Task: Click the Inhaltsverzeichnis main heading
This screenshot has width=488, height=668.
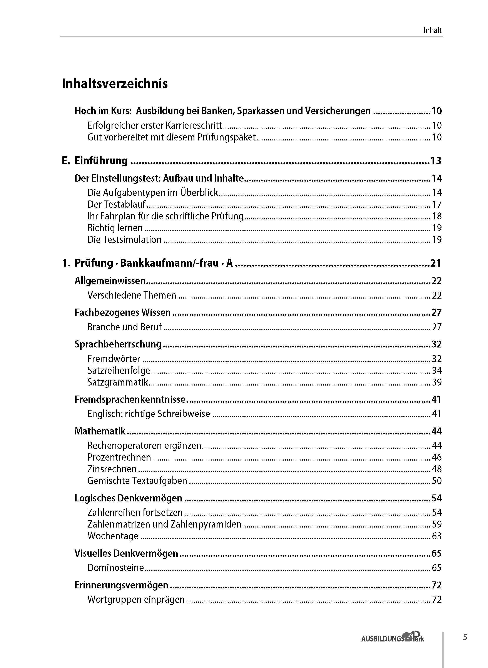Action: coord(115,83)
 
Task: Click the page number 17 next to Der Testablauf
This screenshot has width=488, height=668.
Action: coord(437,204)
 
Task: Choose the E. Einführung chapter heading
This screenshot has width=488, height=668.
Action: coord(95,161)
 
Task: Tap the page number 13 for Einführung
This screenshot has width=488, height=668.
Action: coord(436,161)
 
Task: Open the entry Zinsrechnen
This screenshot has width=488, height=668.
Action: coord(112,469)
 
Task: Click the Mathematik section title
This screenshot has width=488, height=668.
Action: coord(100,431)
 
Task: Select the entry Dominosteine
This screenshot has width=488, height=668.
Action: coord(115,568)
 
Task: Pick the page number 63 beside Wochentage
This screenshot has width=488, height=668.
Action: coord(437,536)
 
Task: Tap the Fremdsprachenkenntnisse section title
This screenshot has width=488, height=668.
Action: coord(130,399)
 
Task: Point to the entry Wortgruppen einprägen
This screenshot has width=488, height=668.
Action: coord(136,600)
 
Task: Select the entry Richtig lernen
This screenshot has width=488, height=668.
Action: coord(115,228)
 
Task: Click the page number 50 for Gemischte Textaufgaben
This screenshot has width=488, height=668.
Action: coord(437,481)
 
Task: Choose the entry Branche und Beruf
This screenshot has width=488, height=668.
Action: coord(124,327)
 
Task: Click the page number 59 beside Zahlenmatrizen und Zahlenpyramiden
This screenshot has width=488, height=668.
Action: coord(437,524)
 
